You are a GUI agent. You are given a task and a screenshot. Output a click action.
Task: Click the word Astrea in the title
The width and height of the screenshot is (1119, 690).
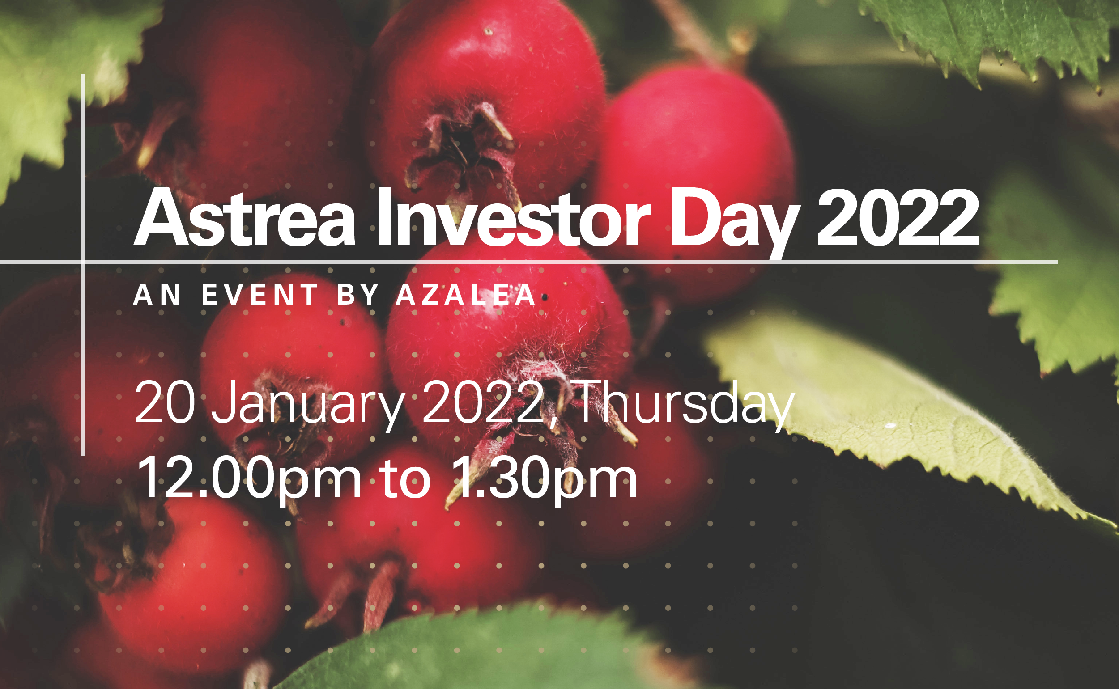(244, 218)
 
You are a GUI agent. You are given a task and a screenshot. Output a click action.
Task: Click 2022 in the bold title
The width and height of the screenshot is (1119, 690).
(898, 218)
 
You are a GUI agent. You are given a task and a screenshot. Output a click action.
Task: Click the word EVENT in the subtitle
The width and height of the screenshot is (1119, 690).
(260, 295)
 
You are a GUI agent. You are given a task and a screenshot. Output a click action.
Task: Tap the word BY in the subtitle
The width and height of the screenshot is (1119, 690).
(358, 295)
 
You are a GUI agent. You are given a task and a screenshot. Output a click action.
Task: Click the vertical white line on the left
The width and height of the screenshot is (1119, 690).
(83, 265)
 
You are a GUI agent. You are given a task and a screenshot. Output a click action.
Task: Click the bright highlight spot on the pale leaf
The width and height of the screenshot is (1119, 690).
(890, 425)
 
